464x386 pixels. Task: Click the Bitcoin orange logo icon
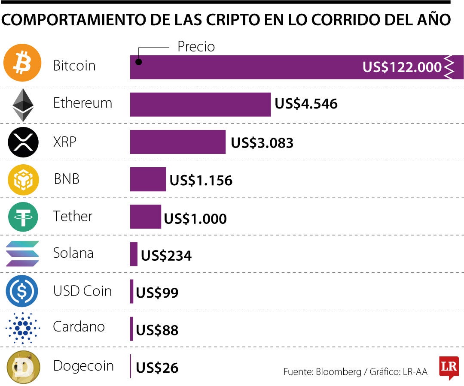pyautogui.click(x=22, y=66)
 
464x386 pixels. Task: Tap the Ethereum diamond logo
pyautogui.click(x=23, y=104)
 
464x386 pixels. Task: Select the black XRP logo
pyautogui.click(x=23, y=142)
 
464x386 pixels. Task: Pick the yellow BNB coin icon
pyautogui.click(x=23, y=179)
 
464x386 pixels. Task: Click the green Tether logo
pyautogui.click(x=23, y=217)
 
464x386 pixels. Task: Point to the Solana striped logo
pyautogui.click(x=22, y=254)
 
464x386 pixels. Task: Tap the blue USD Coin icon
pyautogui.click(x=22, y=291)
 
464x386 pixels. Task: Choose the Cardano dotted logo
pyautogui.click(x=23, y=328)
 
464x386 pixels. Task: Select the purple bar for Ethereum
pyautogui.click(x=200, y=104)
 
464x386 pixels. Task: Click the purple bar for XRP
pyautogui.click(x=177, y=142)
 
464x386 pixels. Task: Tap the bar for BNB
pyautogui.click(x=148, y=179)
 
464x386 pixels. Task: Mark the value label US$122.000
pyautogui.click(x=402, y=67)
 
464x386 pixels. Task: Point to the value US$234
pyautogui.click(x=166, y=256)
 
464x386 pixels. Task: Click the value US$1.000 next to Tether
pyautogui.click(x=195, y=219)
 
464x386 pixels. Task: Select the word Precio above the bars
pyautogui.click(x=196, y=47)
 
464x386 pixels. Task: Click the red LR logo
pyautogui.click(x=449, y=367)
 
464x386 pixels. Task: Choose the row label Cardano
pyautogui.click(x=79, y=327)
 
